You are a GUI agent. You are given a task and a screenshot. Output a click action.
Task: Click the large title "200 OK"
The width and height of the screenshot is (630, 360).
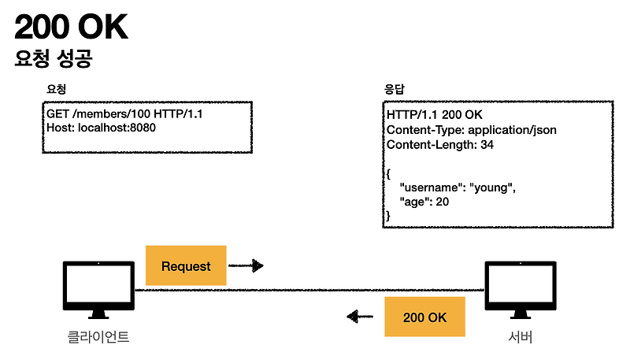click(x=71, y=28)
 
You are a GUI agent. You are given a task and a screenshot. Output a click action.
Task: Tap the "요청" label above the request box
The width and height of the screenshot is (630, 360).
click(x=56, y=89)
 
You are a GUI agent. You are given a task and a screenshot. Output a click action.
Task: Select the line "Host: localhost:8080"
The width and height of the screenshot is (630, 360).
click(x=101, y=128)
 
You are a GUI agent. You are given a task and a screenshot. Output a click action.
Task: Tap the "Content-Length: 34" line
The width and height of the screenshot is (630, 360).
click(x=446, y=145)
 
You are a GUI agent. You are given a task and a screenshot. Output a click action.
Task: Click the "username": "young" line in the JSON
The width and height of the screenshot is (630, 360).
click(x=458, y=187)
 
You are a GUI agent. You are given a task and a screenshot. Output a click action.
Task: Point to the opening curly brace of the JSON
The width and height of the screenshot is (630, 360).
click(x=388, y=173)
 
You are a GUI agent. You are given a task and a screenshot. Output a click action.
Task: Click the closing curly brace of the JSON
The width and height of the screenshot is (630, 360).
click(x=388, y=215)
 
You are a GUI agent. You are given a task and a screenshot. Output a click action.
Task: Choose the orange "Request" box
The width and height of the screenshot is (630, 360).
click(x=186, y=265)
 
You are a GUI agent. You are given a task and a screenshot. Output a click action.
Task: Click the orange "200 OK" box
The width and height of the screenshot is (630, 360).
click(x=424, y=317)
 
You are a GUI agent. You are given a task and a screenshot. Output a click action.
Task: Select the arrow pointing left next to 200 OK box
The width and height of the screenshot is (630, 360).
click(x=360, y=317)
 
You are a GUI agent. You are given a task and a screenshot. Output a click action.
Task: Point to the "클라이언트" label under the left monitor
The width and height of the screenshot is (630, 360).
click(x=98, y=339)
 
